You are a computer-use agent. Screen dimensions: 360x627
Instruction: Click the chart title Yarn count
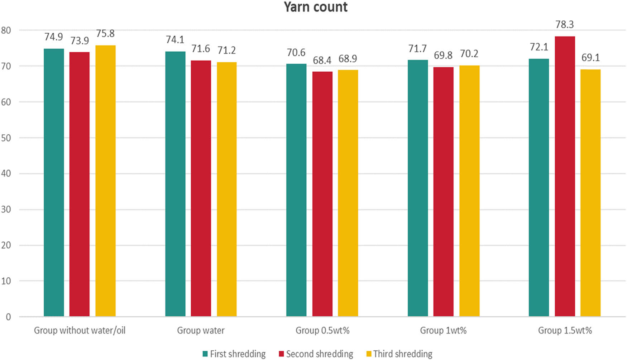pos(315,7)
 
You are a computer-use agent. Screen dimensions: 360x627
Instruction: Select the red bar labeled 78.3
pos(565,176)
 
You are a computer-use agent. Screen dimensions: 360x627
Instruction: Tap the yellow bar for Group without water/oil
pos(105,181)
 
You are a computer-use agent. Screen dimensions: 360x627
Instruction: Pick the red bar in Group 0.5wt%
pos(322,193)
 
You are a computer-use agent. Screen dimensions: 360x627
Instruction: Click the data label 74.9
pos(53,37)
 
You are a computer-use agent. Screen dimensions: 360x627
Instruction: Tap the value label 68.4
pos(322,60)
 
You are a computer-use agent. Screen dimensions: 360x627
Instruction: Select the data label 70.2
pos(469,54)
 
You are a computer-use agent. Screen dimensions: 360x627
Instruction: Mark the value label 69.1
pos(590,58)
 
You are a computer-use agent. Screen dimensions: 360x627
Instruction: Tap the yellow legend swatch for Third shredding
pos(369,354)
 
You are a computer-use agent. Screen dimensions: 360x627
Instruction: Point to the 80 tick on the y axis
pos(6,30)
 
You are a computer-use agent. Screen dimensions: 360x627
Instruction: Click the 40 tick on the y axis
pos(6,174)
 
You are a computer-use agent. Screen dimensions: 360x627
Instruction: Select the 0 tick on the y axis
pos(8,317)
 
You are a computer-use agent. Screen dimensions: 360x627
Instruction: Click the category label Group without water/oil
pos(80,330)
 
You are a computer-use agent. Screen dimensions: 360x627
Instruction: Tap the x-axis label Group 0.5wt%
pos(322,330)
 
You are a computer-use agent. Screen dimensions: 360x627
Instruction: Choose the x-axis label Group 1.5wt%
pos(565,330)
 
